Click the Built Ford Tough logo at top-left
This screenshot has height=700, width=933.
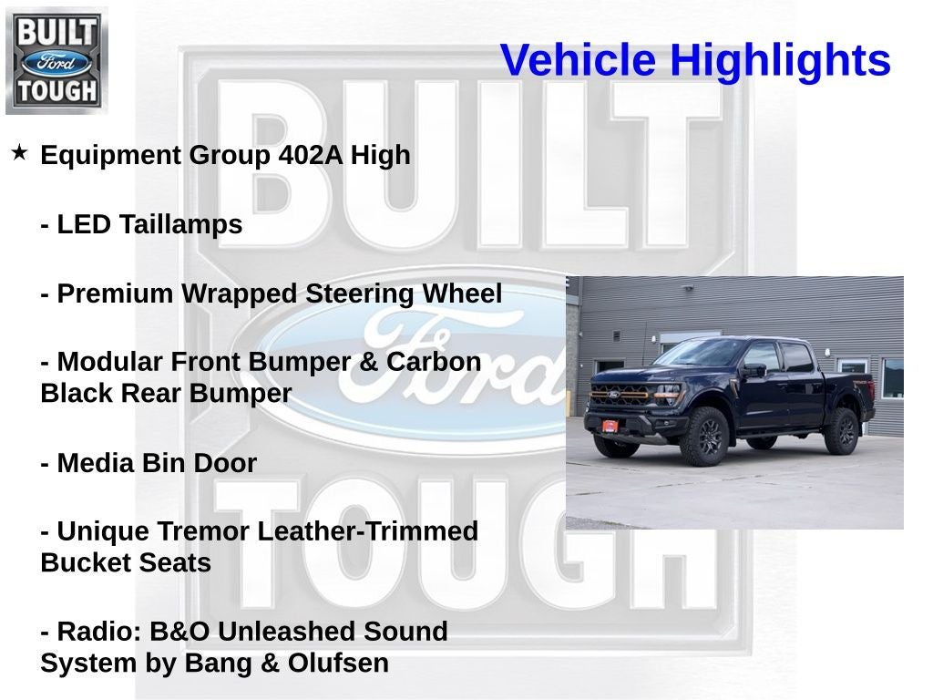click(x=56, y=60)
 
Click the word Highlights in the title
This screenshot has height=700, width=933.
click(x=780, y=61)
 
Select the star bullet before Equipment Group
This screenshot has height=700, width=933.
click(x=20, y=152)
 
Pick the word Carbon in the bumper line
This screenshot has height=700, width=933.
click(x=434, y=362)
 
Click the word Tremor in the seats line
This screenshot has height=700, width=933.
click(x=204, y=530)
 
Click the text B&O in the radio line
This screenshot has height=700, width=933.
click(x=169, y=631)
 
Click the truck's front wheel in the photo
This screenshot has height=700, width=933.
click(x=705, y=436)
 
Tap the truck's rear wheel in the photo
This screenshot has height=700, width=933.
click(x=841, y=430)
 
